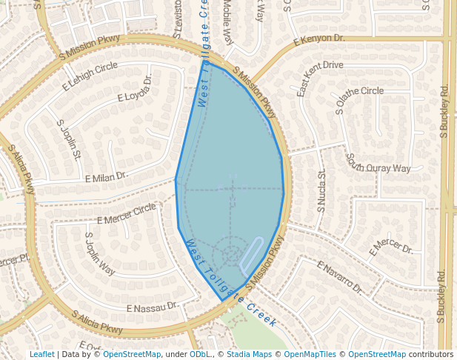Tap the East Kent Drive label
pos(320,78)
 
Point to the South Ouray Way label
pos(378,163)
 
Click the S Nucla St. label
pos(321,193)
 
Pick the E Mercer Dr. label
pos(392,247)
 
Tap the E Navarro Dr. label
pos(340,277)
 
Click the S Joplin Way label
pos(99,254)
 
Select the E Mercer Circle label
pos(127,214)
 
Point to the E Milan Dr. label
pos(107,178)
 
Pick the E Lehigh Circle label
pos(90,76)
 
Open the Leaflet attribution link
pos(41,355)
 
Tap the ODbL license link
pos(200,355)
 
